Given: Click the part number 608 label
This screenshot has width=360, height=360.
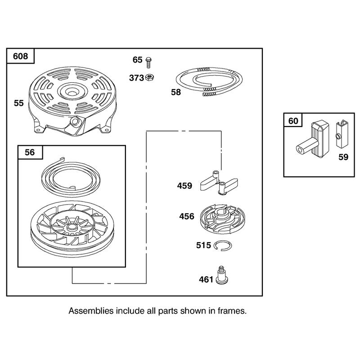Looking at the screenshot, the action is point(20,56).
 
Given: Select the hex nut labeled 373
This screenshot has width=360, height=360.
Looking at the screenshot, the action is point(149,77).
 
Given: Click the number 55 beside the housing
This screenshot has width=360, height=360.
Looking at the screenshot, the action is point(18,103).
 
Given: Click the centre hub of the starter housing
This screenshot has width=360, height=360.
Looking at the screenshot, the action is point(72,91).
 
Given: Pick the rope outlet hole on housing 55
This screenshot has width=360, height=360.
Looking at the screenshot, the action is point(74,121).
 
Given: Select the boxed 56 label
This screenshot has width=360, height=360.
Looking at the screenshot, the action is point(30,152).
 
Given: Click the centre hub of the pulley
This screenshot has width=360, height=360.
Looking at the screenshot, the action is point(72,228).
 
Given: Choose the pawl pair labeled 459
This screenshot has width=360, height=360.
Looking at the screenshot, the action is point(219,183).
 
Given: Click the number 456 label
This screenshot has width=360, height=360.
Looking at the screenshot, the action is point(187,216).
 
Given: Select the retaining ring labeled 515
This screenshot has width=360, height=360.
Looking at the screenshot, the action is point(222,245).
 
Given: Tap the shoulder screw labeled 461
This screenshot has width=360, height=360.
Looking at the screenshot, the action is point(222,275).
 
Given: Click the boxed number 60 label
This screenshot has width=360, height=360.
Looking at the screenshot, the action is point(293,121).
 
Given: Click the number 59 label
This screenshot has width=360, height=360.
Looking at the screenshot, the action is point(343,157).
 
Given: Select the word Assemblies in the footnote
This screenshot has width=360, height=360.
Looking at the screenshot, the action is point(91,311).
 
